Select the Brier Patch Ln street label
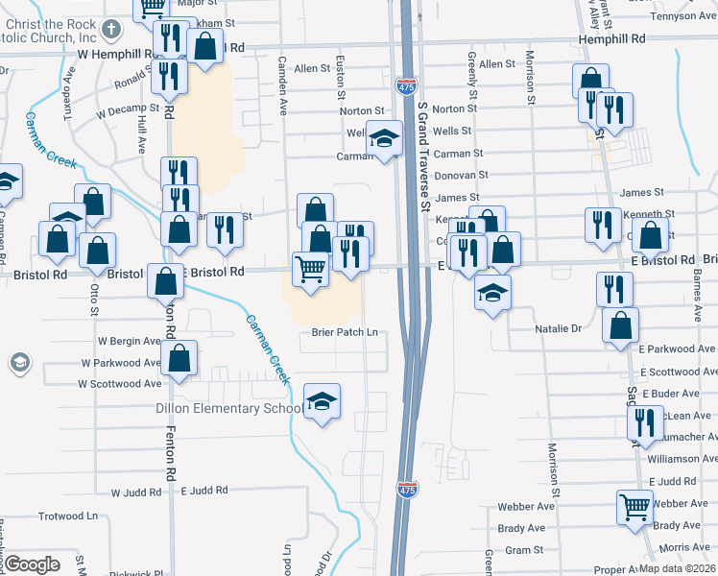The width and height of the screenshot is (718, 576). tap(345, 333)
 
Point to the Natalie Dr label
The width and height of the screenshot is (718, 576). tap(559, 328)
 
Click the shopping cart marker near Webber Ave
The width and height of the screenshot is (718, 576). tap(634, 506)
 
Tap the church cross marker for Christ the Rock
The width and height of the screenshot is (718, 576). tap(111, 28)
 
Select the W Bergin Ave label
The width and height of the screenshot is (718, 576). tap(129, 341)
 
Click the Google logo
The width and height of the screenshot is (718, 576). tap(32, 564)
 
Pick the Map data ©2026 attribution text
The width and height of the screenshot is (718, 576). tap(677, 568)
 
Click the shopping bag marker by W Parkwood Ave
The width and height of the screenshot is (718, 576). tap(180, 358)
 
